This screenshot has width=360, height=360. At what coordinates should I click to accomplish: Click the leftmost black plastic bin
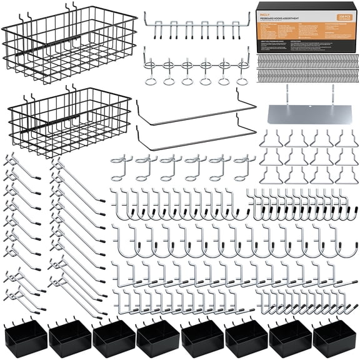26,338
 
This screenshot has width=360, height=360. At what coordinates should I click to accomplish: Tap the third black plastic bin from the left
113,338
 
